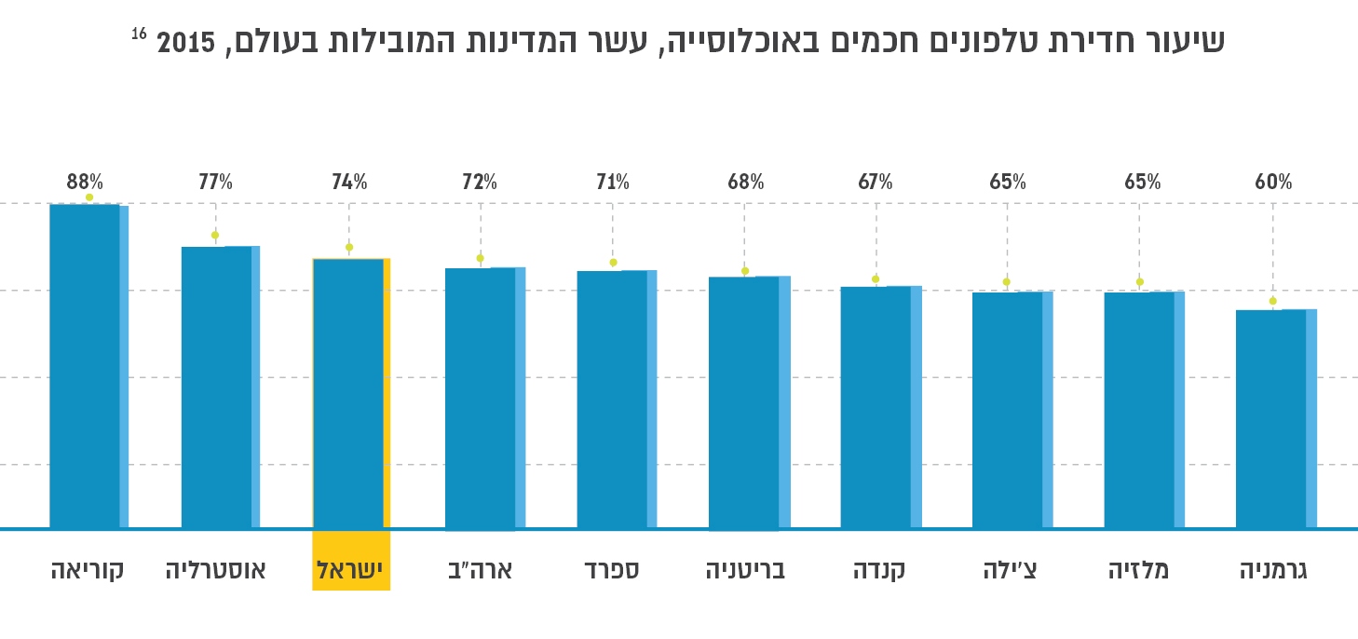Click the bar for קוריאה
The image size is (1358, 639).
88,367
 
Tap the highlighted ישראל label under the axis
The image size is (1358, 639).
351,569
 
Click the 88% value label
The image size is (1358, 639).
85,183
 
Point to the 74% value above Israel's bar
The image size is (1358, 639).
349,183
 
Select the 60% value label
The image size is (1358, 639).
1273,183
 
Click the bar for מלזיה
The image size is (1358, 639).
1144,411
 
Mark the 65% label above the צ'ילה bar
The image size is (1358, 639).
1008,183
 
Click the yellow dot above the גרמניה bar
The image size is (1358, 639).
1273,301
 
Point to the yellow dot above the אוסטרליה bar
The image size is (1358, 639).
215,235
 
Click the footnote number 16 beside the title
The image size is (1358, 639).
139,34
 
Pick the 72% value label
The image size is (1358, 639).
480,183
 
